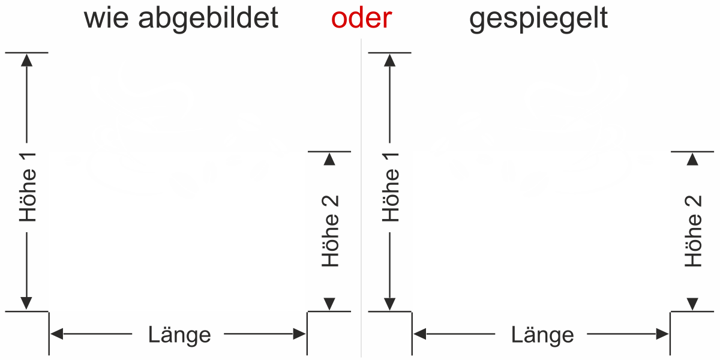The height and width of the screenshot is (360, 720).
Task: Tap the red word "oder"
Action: (x=362, y=19)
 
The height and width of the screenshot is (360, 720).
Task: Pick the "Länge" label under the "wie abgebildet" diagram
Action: (x=179, y=334)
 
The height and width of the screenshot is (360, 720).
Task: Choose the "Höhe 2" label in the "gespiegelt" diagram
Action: (x=694, y=231)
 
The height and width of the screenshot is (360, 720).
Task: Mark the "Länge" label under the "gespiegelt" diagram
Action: (x=542, y=334)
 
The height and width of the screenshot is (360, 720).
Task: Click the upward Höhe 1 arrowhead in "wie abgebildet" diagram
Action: (x=26, y=59)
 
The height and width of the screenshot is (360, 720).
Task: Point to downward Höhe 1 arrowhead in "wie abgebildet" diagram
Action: (x=26, y=304)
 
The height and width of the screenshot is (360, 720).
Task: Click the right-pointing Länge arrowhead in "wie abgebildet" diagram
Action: (x=300, y=334)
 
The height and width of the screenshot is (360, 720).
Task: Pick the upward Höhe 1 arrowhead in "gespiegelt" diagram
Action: (x=390, y=59)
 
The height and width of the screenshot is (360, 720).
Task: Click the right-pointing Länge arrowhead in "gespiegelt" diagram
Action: (x=663, y=334)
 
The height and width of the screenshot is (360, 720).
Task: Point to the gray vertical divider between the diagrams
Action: (x=361, y=198)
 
